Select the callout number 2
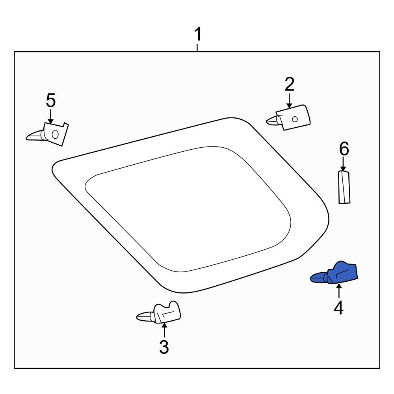tap(290, 84)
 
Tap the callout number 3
tap(164, 347)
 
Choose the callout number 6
tap(344, 149)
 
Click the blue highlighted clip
tap(334, 273)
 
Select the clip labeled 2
tap(289, 117)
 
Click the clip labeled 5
tap(48, 134)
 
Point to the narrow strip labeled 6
tap(344, 187)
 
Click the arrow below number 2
tap(290, 101)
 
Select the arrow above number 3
tap(164, 330)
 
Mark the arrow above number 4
tap(339, 291)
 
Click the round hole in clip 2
tap(295, 119)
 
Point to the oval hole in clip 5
tap(55, 134)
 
